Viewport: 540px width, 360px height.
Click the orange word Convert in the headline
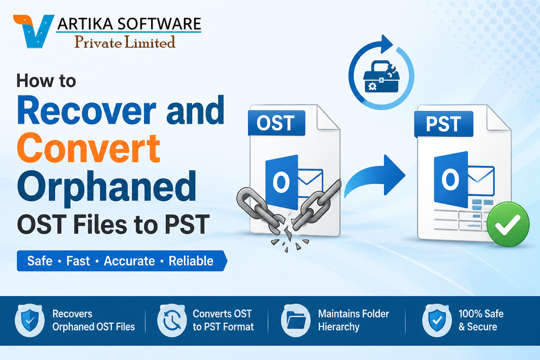click(x=89, y=148)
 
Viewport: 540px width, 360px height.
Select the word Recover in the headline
click(x=87, y=110)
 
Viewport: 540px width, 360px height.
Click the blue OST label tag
click(x=277, y=123)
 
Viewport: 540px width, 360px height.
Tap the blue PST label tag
click(x=444, y=124)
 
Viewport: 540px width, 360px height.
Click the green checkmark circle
click(x=508, y=224)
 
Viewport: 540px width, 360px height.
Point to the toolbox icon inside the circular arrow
click(x=381, y=77)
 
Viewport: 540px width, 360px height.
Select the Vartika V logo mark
click(x=34, y=31)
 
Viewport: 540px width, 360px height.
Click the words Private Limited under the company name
click(x=125, y=42)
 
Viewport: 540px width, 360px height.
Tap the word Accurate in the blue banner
click(x=129, y=261)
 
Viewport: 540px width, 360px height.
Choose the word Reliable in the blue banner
click(x=191, y=261)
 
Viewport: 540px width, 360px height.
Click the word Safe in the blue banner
click(x=40, y=261)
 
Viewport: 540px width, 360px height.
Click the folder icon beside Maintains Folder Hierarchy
click(x=296, y=321)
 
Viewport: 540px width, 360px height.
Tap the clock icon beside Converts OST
click(x=172, y=321)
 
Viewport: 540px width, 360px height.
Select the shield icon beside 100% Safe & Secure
click(x=437, y=321)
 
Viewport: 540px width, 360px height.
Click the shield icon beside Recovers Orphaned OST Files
click(x=30, y=321)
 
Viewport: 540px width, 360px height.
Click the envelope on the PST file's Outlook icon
click(x=481, y=181)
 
